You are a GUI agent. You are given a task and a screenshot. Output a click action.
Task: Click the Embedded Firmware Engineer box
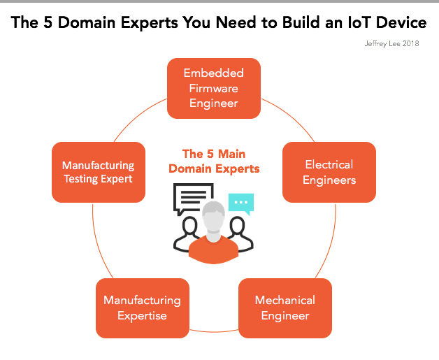point(214,88)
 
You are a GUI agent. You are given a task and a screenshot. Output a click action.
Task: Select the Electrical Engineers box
point(329,172)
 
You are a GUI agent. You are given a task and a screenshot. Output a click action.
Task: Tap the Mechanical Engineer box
point(285,308)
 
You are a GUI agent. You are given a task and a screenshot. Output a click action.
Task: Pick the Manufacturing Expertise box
point(142,308)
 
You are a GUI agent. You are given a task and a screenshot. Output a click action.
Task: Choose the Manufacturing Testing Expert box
point(99,172)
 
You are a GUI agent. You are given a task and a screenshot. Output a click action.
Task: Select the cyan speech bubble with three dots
point(240,203)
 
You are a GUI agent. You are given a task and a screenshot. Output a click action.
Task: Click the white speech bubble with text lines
point(194,198)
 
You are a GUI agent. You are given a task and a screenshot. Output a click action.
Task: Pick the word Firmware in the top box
point(214,88)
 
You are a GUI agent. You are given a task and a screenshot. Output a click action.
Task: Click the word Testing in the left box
point(83,179)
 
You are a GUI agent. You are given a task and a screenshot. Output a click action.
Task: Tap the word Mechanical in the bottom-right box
point(285,301)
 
